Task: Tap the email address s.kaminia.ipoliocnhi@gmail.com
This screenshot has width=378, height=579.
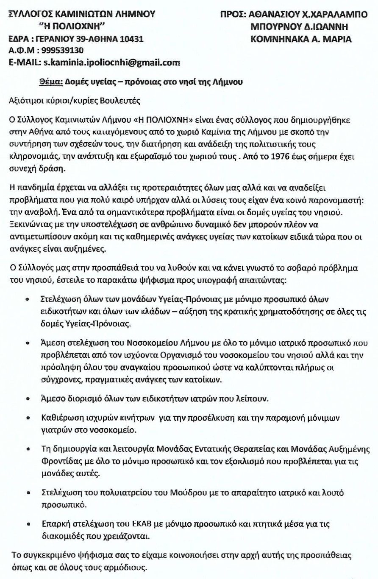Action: click(x=109, y=62)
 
